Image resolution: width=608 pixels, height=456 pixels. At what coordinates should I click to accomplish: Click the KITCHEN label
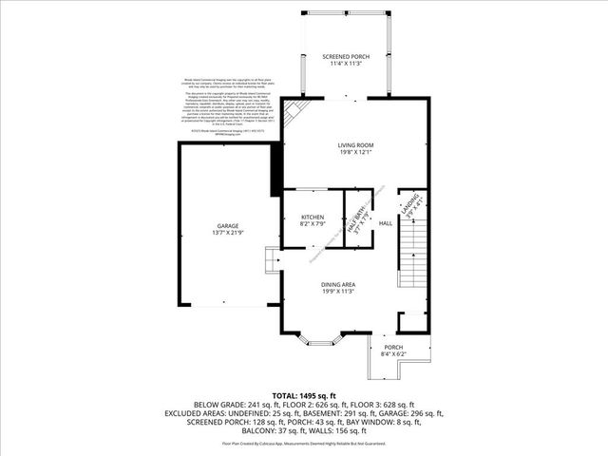tap(313, 217)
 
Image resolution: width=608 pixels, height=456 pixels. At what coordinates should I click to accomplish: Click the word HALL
tap(386, 223)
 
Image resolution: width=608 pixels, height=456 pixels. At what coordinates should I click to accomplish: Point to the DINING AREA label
tap(338, 284)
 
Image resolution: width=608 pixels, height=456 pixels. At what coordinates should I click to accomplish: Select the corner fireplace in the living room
tap(295, 112)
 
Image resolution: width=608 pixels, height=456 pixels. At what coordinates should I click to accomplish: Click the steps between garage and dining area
tap(271, 259)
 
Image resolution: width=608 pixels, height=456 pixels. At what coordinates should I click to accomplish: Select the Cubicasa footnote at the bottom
tap(303, 444)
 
